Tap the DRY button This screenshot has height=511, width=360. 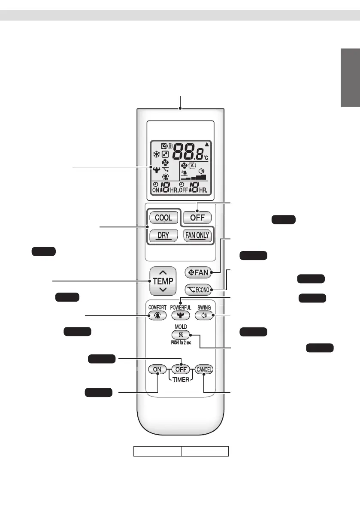coord(163,235)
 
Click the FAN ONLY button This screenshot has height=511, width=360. coord(197,235)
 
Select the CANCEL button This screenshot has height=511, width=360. coord(204,369)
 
